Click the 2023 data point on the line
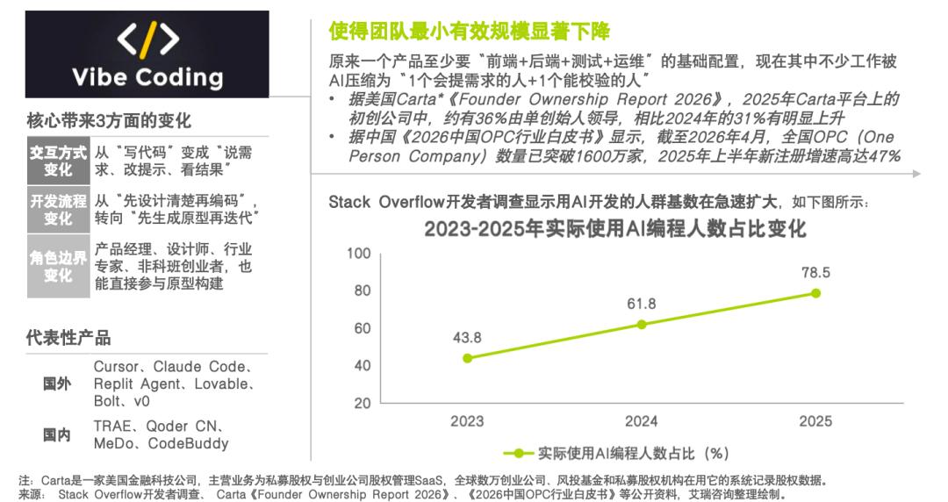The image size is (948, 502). pos(467,358)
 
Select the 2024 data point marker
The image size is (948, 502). pos(642,324)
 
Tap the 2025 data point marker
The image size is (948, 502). pos(815,293)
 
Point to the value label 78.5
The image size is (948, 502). pos(815,273)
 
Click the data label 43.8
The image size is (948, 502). pos(467,338)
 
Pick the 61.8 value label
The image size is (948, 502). pos(642,304)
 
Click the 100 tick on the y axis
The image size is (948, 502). pos(358,254)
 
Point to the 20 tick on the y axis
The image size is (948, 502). pos(363,403)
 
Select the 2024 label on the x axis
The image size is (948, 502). pos(642,421)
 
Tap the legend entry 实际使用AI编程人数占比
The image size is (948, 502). pos(616,453)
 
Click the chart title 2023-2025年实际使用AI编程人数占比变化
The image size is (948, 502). pos(614,229)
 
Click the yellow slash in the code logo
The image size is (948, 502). pos(148,39)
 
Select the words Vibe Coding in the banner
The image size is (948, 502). pos(147,77)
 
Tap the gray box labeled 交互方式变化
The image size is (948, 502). pos(58,161)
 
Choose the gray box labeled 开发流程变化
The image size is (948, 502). pos(58,209)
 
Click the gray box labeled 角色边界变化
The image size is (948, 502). pos(58,266)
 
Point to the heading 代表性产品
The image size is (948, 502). pos(68,338)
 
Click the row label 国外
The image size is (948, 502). pos(57,384)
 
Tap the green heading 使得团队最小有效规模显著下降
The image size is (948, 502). pos(469,31)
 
